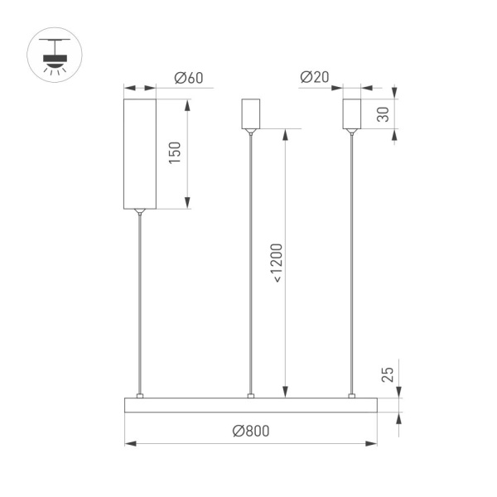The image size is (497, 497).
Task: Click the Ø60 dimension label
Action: [189, 79]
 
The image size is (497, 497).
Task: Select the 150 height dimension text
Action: [174, 152]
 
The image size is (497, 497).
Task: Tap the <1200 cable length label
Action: [276, 264]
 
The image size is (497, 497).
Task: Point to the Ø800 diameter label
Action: [251, 432]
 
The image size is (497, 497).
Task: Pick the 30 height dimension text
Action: [383, 114]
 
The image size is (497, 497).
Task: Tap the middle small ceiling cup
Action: [250, 114]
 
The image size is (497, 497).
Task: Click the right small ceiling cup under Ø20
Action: [353, 114]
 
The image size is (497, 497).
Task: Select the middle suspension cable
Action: [250, 265]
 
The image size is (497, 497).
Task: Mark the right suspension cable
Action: [353, 265]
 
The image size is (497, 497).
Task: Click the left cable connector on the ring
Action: [140, 395]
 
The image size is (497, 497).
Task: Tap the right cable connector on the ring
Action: [353, 395]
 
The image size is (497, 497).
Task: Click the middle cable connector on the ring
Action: [250, 395]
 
